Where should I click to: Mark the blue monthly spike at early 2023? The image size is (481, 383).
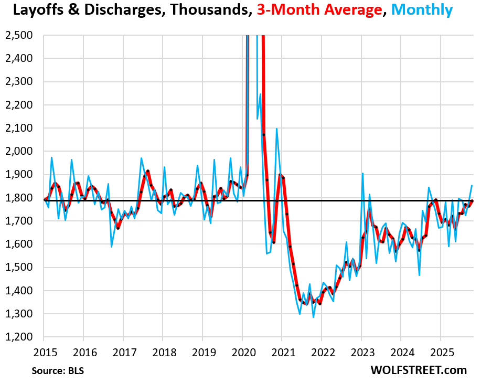point(362,173)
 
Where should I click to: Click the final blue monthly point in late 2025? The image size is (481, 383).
point(472,185)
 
